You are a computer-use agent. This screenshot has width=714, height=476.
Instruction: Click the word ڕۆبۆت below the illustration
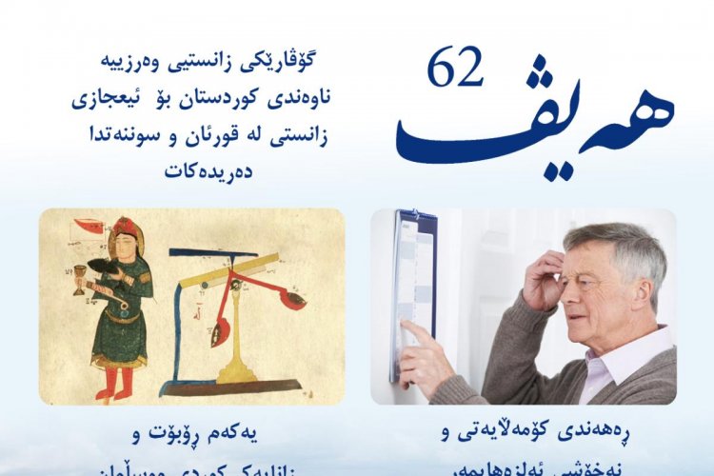pyautogui.click(x=190, y=436)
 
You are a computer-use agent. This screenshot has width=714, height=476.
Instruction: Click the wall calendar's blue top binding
pyautogui.click(x=417, y=221)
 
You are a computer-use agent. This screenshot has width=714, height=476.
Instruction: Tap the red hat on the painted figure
pyautogui.click(x=125, y=231)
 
